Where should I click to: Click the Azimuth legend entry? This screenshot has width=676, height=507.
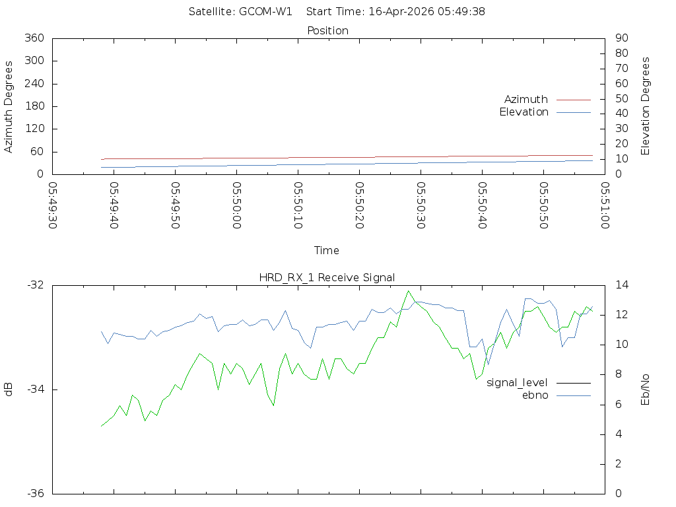coord(526,100)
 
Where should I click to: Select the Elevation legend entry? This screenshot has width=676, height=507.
coord(524,112)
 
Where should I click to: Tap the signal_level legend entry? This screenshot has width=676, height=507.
coord(517,383)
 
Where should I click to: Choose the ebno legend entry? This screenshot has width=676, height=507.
coord(535,395)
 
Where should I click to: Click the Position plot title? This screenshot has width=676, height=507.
coord(327,31)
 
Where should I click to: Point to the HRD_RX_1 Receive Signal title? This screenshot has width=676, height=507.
coord(327,278)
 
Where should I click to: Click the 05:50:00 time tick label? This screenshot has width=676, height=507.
coord(236,205)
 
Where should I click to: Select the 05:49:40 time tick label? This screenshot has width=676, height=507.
coord(114,205)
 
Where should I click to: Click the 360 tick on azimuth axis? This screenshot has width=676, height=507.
coord(34,38)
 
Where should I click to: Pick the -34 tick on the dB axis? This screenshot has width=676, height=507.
coord(34,389)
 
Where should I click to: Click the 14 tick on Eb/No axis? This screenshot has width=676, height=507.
coord(621,285)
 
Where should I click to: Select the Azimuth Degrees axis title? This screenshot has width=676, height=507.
coord(9,106)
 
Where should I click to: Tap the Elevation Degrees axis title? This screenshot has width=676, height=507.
coord(646,106)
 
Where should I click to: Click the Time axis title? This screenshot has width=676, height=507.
coord(327,251)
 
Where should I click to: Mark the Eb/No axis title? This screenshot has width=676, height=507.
coord(646,389)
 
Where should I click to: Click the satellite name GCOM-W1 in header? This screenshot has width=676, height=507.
coord(265,12)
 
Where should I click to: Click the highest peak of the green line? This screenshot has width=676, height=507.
coord(409,290)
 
